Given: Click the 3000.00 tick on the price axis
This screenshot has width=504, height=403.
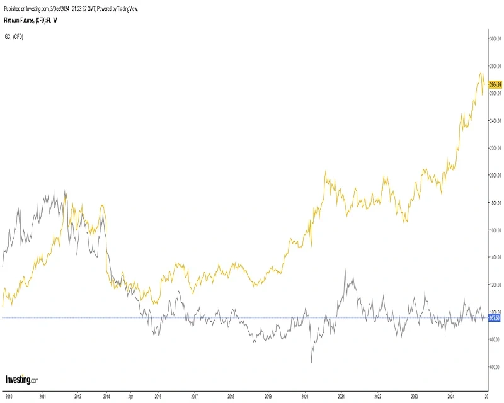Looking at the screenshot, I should pyautogui.click(x=495, y=38).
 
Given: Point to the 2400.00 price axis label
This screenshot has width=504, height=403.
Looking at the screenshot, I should pyautogui.click(x=495, y=120).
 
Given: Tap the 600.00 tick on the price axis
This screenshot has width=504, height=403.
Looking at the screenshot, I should pyautogui.click(x=495, y=366).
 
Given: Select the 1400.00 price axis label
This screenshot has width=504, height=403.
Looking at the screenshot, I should pyautogui.click(x=495, y=257).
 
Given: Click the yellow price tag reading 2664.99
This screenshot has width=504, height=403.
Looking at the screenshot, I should pyautogui.click(x=495, y=84).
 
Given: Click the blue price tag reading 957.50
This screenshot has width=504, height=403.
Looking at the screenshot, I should pyautogui.click(x=495, y=318).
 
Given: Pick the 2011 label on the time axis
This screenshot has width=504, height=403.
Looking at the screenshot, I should pyautogui.click(x=42, y=397).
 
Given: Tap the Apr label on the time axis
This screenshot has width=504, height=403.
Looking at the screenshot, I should pyautogui.click(x=130, y=397).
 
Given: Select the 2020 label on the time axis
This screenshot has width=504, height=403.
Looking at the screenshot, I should pyautogui.click(x=305, y=397).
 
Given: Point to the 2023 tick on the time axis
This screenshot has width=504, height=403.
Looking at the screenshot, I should pyautogui.click(x=415, y=397).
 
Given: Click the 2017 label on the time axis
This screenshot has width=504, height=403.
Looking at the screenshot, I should pyautogui.click(x=195, y=397).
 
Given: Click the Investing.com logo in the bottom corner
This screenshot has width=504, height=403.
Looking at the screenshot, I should pyautogui.click(x=21, y=380).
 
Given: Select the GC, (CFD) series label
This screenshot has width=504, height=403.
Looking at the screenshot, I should pyautogui.click(x=13, y=37).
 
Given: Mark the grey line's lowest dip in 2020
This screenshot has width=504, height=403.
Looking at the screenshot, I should pyautogui.click(x=311, y=363).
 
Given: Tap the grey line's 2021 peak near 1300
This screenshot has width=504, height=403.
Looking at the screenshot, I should pyautogui.click(x=345, y=270).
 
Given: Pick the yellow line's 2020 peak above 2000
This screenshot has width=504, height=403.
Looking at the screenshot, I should pyautogui.click(x=326, y=171).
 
